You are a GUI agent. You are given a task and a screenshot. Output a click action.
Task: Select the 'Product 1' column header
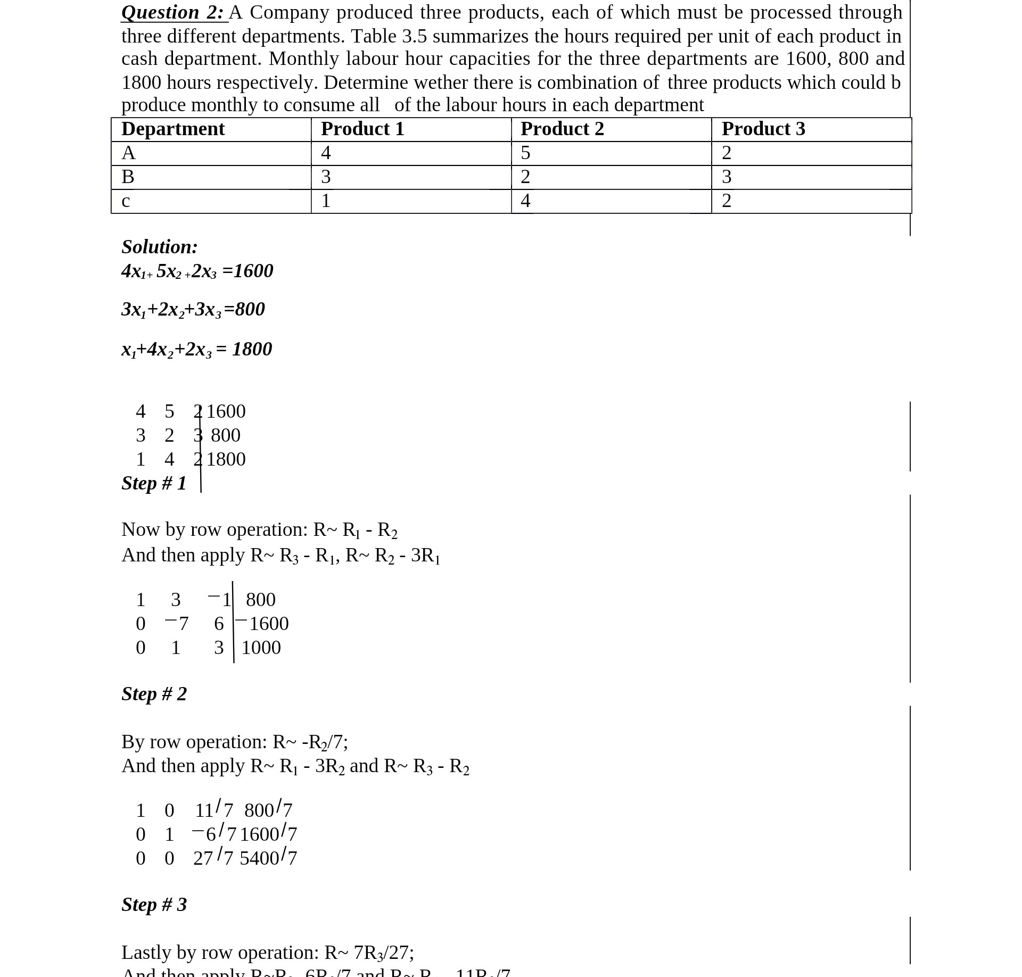(x=362, y=129)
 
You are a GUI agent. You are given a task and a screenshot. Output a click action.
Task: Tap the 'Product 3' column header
(x=763, y=129)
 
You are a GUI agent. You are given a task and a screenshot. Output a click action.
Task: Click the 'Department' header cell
(x=173, y=129)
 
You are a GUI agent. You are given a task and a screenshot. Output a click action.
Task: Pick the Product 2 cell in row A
(x=525, y=153)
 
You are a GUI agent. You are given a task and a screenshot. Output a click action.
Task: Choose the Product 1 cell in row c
(x=326, y=201)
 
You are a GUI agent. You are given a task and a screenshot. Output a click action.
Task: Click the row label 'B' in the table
(x=128, y=177)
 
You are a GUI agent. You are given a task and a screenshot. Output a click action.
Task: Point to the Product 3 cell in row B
(x=727, y=177)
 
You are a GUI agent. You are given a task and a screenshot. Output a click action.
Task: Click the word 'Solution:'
(x=160, y=247)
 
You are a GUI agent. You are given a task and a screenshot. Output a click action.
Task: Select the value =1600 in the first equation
(x=248, y=271)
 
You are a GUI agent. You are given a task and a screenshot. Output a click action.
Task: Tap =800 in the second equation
(x=244, y=309)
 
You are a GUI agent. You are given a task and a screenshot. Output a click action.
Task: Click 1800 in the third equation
(x=252, y=349)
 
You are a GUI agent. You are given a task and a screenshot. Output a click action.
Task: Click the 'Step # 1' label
(x=154, y=483)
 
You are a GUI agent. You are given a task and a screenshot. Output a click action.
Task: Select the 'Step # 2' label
(x=154, y=694)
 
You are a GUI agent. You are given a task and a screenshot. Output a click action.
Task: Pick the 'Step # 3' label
(x=154, y=905)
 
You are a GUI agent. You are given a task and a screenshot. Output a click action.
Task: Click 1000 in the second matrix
(x=261, y=648)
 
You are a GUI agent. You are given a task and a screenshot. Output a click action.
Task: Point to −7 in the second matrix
(x=177, y=624)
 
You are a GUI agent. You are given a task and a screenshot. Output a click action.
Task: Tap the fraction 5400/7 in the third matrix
(x=268, y=858)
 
